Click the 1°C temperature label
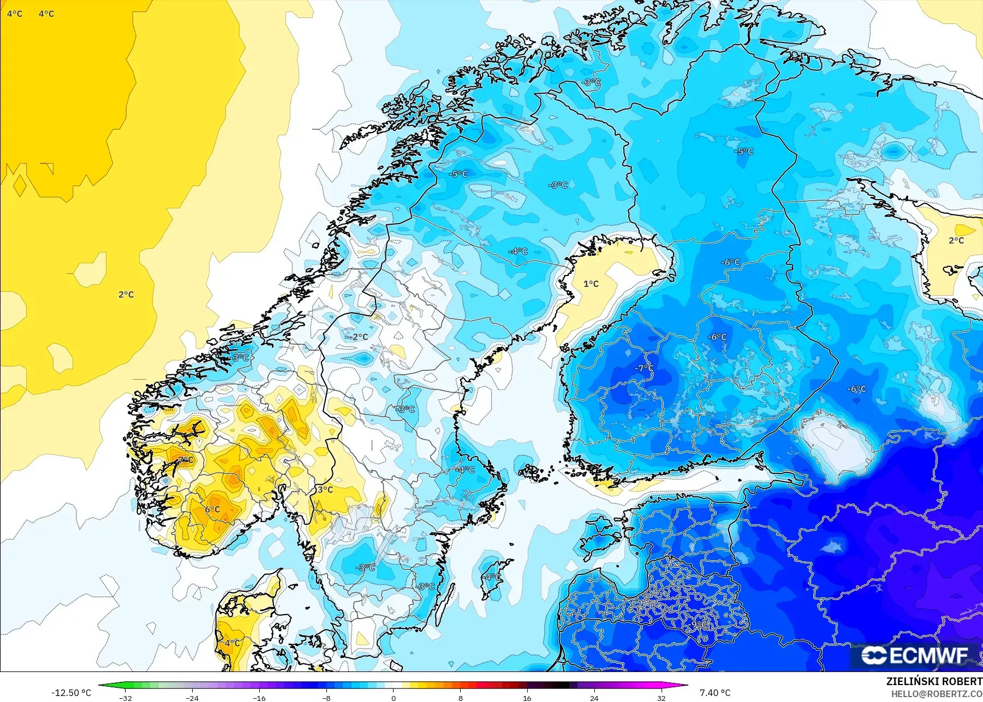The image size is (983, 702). click(591, 284)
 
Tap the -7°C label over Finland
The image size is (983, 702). click(644, 368)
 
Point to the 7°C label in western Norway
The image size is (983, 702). click(186, 460)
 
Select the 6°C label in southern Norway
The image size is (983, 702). click(212, 509)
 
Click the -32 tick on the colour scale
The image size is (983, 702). click(126, 698)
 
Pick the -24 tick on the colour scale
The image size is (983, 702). click(192, 698)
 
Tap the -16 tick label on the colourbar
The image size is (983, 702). click(259, 698)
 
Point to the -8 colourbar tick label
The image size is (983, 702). click(326, 698)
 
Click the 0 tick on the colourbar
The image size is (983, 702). click(393, 698)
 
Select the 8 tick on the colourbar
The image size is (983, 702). click(460, 698)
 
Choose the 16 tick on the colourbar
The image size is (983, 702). click(527, 698)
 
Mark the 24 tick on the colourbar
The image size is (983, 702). click(594, 698)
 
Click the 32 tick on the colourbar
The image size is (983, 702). click(661, 698)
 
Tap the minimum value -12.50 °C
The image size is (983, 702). click(71, 693)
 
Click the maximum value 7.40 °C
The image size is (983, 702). click(715, 693)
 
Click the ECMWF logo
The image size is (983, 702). click(915, 656)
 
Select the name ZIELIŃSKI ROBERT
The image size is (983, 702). click(934, 681)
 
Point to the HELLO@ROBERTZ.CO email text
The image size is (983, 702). click(937, 694)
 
